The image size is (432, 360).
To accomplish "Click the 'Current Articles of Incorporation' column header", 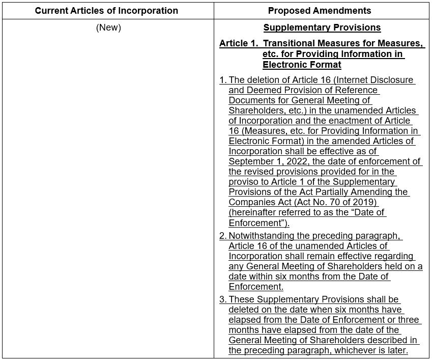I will [106, 11].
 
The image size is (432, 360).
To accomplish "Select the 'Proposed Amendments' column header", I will [320, 11].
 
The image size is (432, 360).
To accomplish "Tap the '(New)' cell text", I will [108, 27].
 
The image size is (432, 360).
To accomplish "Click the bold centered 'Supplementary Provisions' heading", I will [322, 27].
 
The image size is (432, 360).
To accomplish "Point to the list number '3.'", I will [223, 299].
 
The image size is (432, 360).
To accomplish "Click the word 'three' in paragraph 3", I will [409, 320].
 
